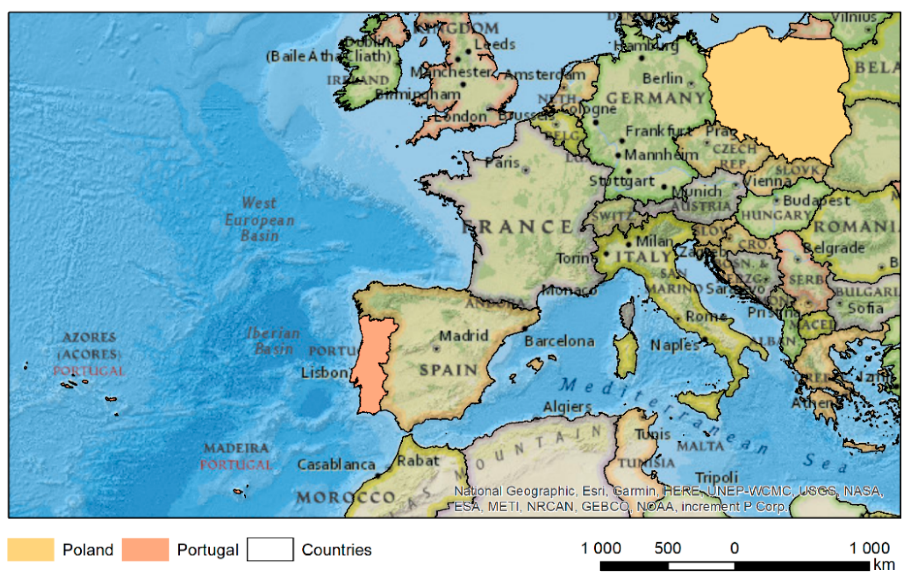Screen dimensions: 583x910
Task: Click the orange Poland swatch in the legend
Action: coord(31,549)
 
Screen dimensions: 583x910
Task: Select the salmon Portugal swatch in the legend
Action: coord(145,549)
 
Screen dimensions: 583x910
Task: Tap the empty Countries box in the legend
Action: coord(270,549)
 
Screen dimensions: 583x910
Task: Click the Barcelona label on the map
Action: coord(559,342)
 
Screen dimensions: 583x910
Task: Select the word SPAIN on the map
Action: coord(449,370)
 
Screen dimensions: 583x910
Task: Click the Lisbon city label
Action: coord(324,373)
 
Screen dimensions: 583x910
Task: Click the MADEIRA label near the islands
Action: coord(236,448)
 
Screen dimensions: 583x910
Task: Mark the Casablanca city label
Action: coord(336,465)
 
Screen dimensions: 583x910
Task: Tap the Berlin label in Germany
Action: coord(662,79)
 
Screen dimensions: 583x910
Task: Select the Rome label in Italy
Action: coord(706,316)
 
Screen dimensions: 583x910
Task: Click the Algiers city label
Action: coord(567,407)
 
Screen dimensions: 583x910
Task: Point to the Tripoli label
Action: coord(717,477)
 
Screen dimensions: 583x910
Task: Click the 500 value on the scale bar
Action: coord(667,548)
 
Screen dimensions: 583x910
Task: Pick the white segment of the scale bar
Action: coord(701,566)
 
